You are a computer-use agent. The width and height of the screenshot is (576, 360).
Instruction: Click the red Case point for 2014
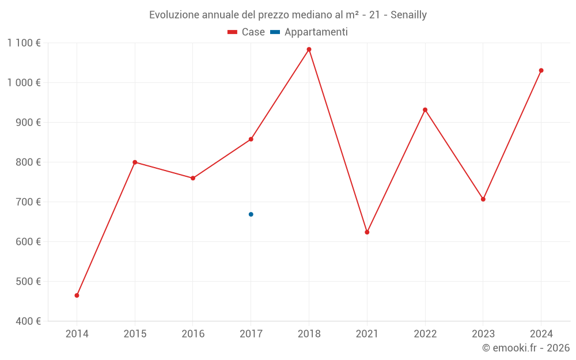[x=77, y=295]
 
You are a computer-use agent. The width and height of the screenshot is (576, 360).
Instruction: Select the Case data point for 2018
[x=309, y=50]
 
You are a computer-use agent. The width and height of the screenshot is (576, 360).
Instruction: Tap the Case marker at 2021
[x=367, y=232]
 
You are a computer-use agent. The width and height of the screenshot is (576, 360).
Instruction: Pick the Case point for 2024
[x=541, y=70]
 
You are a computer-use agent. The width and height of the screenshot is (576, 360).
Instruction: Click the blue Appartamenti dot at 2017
[x=251, y=214]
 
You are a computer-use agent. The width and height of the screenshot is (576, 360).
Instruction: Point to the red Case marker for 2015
[x=135, y=162]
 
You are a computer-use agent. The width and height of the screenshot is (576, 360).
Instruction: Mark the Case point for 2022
[x=425, y=110]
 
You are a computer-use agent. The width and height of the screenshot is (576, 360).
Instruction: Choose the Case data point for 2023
[x=483, y=199]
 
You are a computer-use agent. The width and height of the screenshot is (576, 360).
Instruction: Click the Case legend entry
[x=247, y=32]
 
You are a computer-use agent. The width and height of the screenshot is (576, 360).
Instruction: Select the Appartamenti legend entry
[x=309, y=32]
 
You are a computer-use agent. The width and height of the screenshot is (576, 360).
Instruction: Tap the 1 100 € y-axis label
[x=24, y=43]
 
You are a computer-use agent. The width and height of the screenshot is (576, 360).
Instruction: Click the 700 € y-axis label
[x=28, y=202]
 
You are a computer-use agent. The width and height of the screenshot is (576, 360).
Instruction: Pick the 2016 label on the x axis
[x=193, y=334]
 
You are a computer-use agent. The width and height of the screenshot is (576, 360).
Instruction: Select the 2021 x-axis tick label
[x=367, y=334]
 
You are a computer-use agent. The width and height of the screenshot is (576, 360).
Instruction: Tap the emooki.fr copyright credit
[x=526, y=348]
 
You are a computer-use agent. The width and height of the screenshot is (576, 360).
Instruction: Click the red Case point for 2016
[x=193, y=178]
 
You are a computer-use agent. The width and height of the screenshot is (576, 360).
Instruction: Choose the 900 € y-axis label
[x=28, y=123]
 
